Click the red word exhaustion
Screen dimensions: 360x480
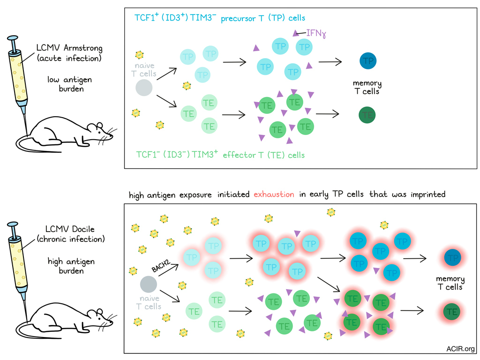pos(274,194)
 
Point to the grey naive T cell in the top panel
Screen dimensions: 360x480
pos(144,88)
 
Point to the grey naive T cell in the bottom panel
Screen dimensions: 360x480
pos(149,284)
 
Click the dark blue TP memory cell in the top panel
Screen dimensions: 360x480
pos(368,61)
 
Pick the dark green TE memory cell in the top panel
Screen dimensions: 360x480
pos(368,114)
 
